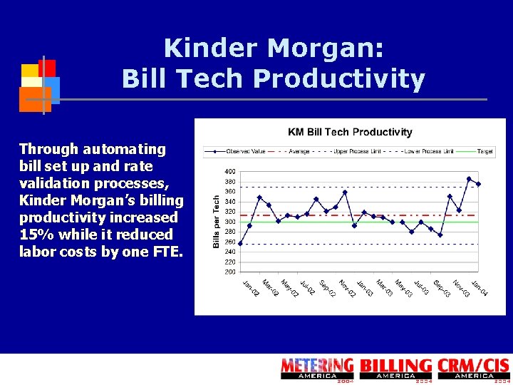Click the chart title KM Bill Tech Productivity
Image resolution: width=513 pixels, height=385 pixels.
350,132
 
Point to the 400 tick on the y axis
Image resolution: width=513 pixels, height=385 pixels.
230,172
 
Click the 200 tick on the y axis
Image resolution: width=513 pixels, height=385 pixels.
230,272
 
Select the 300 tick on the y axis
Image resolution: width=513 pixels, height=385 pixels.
230,222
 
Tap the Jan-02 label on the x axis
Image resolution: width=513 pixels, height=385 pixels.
249,289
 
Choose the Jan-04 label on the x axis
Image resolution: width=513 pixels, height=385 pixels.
479,289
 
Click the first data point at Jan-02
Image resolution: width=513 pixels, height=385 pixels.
240,244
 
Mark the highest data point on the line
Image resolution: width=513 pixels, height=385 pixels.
469,179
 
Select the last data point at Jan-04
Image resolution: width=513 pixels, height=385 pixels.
478,184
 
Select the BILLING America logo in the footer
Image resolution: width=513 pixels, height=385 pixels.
395,369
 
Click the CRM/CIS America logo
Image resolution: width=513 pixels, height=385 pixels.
473,369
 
